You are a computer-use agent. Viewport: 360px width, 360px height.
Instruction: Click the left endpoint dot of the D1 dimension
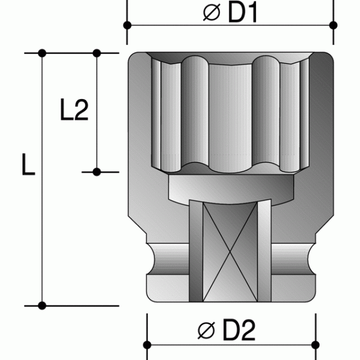point(128,25)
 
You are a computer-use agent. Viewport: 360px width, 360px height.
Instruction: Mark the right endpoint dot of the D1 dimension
point(333,25)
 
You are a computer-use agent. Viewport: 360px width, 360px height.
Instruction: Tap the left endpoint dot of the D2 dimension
point(147,344)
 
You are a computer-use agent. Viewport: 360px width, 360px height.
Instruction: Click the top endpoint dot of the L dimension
point(42,53)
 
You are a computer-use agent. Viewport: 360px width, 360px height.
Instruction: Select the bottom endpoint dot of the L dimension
point(42,305)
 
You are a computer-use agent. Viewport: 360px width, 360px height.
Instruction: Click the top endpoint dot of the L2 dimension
point(97,53)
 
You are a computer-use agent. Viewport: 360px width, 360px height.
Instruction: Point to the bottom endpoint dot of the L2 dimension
point(97,171)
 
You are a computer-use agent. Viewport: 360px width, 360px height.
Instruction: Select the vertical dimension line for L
point(42,225)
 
